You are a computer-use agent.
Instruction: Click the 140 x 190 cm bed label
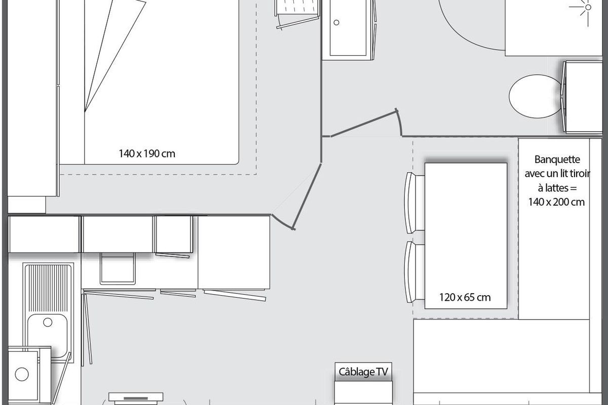147,154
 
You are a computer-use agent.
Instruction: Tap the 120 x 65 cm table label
465,298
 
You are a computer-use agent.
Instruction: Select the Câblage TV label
363,372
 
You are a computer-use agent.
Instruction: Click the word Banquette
557,159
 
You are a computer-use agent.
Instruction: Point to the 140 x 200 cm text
556,202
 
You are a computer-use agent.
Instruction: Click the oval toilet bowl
535,96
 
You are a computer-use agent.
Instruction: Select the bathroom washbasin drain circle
336,22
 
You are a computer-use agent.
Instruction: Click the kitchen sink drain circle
48,322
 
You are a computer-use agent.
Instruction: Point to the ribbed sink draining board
48,288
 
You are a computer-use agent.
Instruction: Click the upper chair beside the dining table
414,202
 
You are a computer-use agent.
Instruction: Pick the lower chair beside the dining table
414,272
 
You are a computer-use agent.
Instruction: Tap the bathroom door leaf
364,124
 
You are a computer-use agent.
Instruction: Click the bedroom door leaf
307,196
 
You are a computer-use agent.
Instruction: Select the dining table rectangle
466,236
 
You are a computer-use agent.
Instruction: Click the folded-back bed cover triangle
115,56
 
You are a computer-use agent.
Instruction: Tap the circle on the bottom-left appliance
22,374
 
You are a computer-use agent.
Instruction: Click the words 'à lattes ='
557,188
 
